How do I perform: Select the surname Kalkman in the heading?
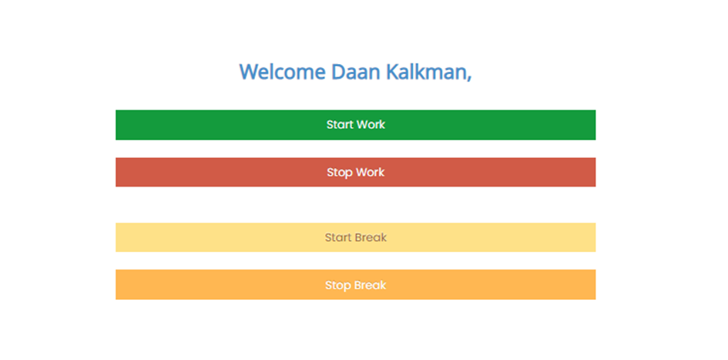point(425,72)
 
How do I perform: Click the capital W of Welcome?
point(250,72)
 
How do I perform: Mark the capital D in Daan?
point(339,72)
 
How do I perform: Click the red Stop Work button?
point(356,173)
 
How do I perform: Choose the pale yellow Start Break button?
point(356,237)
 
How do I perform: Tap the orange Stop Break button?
point(356,284)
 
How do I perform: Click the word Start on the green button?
point(337,124)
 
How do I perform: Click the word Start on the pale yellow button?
point(337,238)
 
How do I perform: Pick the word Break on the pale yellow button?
point(371,238)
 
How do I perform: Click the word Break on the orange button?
point(370,284)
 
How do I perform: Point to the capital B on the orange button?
point(357,284)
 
